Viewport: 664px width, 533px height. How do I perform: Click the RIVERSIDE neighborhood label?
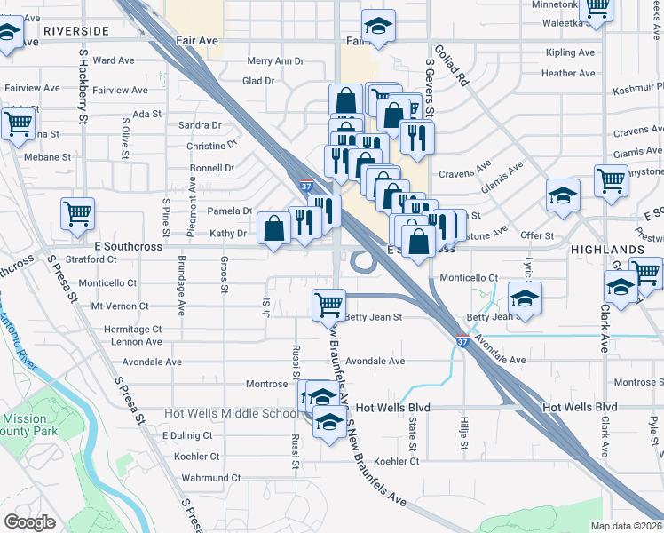tap(75, 31)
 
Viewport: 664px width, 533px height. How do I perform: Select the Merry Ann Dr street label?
tap(275, 62)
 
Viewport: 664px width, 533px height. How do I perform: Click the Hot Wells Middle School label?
tap(231, 414)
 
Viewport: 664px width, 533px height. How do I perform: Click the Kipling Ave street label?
tap(571, 52)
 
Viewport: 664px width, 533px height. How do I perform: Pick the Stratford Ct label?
tap(92, 259)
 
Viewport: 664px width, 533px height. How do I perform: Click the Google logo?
tap(29, 521)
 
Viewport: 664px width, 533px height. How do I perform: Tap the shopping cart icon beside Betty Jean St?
tap(328, 305)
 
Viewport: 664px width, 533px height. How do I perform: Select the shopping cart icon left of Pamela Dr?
tap(77, 213)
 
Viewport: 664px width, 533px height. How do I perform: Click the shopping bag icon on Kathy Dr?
tap(274, 228)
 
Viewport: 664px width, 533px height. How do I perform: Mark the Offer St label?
tap(537, 235)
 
